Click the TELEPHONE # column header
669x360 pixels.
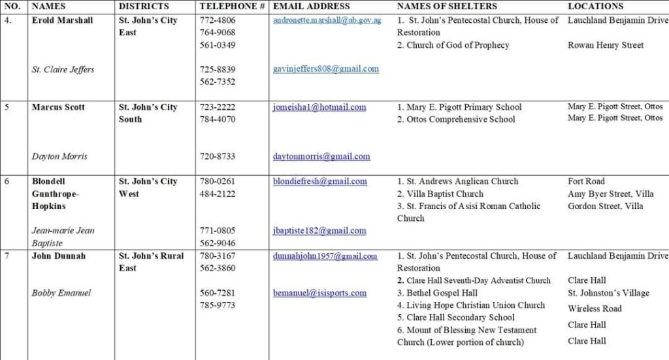click(232, 6)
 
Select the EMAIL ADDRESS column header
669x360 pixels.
click(311, 6)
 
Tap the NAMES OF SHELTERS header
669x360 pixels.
click(447, 6)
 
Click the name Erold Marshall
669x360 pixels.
click(63, 20)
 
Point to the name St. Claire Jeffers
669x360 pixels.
click(63, 69)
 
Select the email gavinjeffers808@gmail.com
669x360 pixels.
click(325, 69)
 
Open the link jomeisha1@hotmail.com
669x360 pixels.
click(319, 107)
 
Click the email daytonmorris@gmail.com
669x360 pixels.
click(321, 157)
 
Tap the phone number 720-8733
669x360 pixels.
click(218, 157)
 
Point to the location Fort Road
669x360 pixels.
click(586, 182)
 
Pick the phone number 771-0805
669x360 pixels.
click(218, 231)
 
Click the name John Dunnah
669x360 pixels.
click(59, 256)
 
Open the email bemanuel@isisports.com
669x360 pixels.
click(319, 293)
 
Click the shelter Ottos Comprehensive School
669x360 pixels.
click(461, 120)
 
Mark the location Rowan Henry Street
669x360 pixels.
click(606, 45)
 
